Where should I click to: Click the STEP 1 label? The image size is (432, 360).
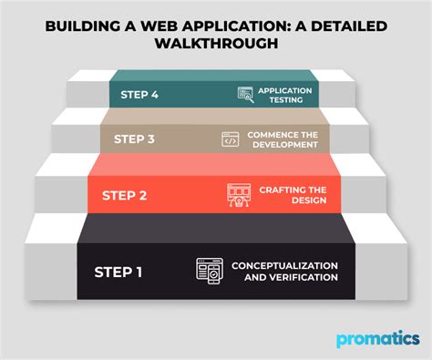tap(119, 271)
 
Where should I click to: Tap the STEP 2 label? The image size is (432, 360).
tap(125, 194)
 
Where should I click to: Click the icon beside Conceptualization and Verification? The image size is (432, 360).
tap(209, 271)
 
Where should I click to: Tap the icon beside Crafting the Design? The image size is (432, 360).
tap(238, 194)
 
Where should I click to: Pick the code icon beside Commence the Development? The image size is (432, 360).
tap(231, 139)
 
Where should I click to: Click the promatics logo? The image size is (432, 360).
tap(378, 339)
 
